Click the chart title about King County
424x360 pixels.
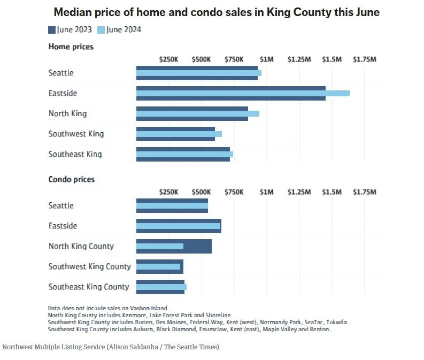point(217,12)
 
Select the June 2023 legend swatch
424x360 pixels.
point(52,30)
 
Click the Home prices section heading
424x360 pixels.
point(71,47)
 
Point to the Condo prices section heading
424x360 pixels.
point(72,179)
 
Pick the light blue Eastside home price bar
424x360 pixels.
point(243,93)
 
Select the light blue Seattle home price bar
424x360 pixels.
point(198,73)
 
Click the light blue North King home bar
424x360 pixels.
point(197,113)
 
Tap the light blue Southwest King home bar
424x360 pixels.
point(179,134)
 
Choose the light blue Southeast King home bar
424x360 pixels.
point(184,154)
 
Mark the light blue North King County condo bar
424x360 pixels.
point(160,246)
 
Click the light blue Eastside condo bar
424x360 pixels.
point(178,226)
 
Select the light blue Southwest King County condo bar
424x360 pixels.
point(158,266)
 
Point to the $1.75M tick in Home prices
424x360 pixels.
point(364,59)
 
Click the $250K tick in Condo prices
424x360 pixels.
point(168,192)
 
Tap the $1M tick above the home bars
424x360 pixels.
point(266,59)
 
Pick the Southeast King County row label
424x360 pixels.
point(89,287)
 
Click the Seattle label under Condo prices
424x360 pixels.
point(61,205)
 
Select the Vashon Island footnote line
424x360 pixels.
point(108,308)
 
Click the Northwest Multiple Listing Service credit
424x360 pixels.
point(111,347)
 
